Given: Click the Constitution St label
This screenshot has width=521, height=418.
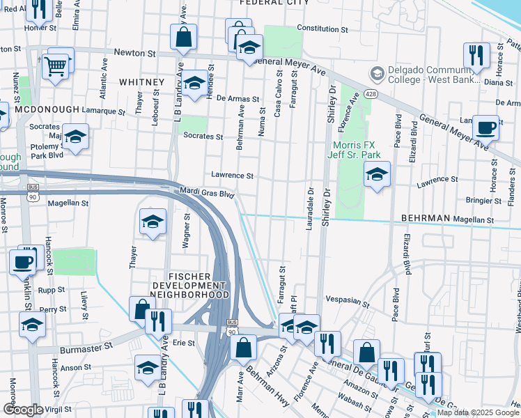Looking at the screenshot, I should [322, 30].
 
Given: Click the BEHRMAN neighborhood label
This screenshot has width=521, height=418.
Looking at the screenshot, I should [425, 218].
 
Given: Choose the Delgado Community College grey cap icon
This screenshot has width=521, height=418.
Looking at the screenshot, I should [377, 73].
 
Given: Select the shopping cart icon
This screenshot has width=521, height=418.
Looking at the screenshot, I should [55, 66].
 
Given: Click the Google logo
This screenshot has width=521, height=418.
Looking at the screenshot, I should [23, 410].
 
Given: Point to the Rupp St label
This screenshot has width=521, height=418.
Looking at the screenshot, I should [52, 289].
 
